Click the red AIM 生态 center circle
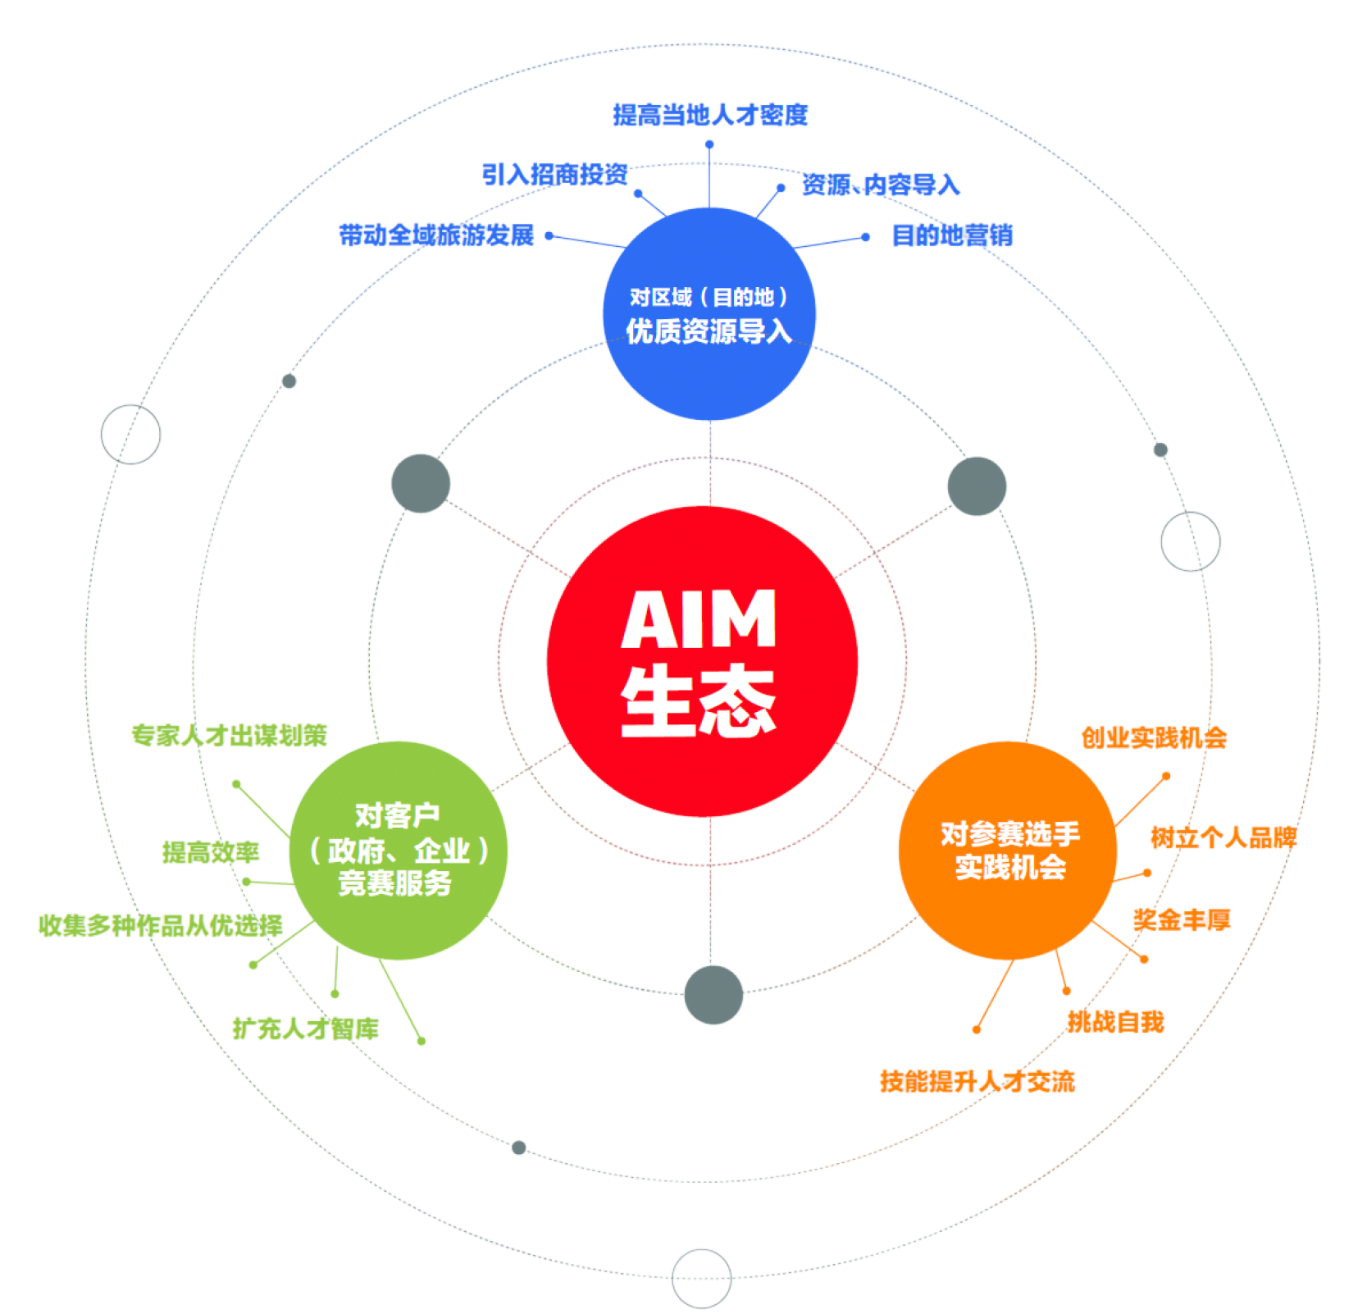point(702,661)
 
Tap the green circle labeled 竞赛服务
point(399,851)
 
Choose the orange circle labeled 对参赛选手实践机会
point(1008,851)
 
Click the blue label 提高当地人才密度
point(710,115)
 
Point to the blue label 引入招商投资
point(555,174)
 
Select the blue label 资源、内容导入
point(880,185)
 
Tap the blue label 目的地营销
point(951,236)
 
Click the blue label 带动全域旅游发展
point(436,235)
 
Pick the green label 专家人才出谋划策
point(230,735)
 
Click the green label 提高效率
point(211,852)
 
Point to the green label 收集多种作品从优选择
point(161,925)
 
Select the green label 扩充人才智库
point(306,1028)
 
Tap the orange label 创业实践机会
point(1155,738)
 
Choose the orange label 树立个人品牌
point(1223,837)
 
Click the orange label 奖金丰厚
point(1182,920)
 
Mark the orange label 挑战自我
point(1115,1022)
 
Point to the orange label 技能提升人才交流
point(977,1081)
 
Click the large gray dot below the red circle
point(713,994)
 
